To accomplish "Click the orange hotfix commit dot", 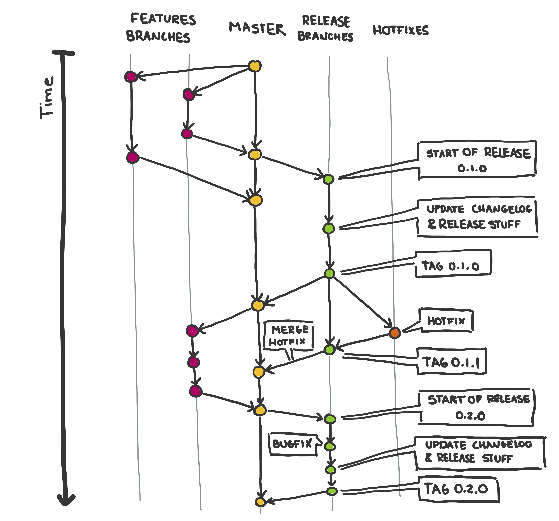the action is tap(395, 333).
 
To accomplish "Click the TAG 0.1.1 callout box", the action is tap(452, 361).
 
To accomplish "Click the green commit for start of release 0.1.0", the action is tap(328, 179).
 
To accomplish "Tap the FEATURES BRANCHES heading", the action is tap(161, 28).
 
